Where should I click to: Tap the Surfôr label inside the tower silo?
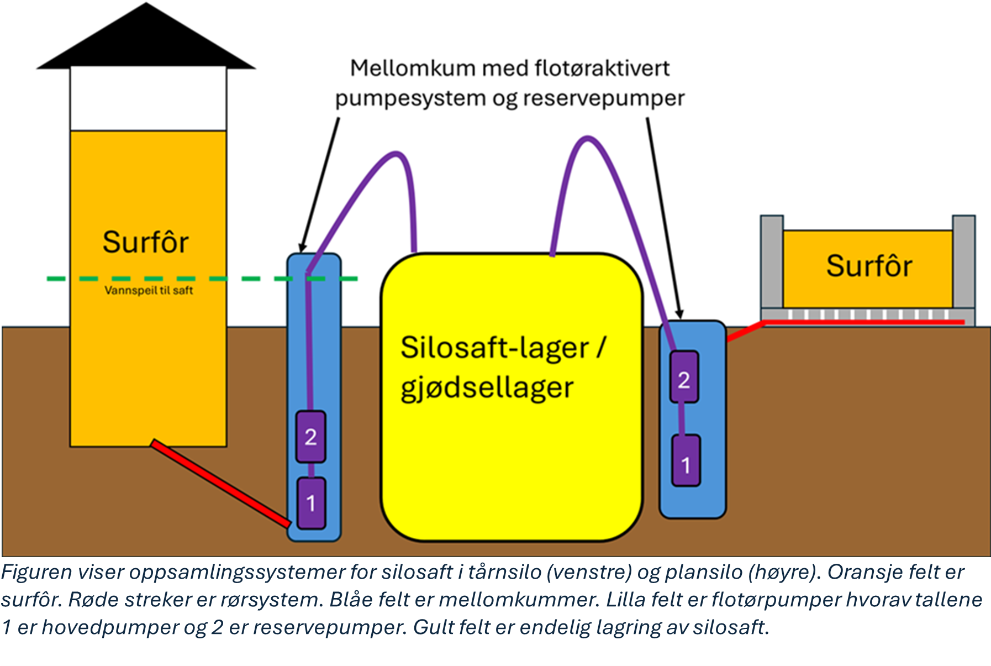pos(146,242)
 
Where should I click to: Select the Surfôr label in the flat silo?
pos(869,266)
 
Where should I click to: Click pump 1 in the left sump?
pos(311,503)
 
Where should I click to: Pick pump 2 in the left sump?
pos(310,437)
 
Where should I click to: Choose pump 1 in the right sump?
pos(686,460)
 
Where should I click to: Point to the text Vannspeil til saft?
pos(149,290)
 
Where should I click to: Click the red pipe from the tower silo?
pos(220,483)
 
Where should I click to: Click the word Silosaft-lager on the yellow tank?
pos(494,348)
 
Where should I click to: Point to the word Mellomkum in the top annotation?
pos(413,69)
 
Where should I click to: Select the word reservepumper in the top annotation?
pos(604,99)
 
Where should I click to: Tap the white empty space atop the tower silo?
pos(148,99)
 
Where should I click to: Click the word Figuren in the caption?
pos(36,572)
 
